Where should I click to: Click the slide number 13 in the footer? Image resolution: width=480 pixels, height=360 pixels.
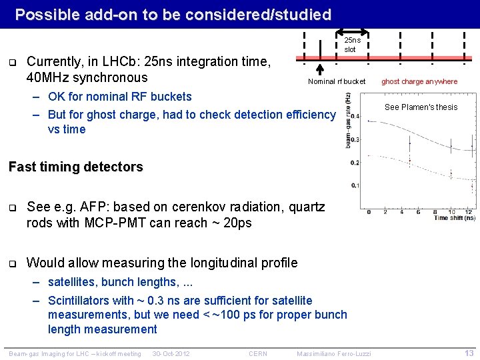click(469, 353)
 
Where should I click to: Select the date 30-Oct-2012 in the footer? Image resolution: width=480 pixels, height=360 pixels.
click(171, 353)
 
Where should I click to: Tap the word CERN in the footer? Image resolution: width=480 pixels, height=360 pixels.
click(258, 353)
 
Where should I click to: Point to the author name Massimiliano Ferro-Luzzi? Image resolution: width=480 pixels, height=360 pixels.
click(333, 353)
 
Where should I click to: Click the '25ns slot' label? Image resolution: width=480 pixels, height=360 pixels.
click(350, 45)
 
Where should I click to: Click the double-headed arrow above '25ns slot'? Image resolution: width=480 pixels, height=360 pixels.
click(351, 31)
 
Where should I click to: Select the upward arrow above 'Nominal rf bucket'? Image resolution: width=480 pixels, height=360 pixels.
click(319, 70)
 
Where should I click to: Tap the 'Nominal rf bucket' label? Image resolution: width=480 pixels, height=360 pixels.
click(337, 81)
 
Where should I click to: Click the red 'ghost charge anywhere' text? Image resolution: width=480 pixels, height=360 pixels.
click(419, 81)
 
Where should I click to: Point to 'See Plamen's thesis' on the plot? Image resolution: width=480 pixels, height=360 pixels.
click(421, 107)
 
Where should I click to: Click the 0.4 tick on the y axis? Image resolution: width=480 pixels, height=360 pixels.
click(355, 116)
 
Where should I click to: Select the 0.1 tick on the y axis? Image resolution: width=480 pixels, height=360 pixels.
click(355, 185)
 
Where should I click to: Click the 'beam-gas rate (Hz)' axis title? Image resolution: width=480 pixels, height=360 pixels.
click(348, 120)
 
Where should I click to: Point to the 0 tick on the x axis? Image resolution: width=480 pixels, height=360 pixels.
click(369, 212)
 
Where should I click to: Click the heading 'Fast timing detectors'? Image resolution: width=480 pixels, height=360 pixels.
click(75, 167)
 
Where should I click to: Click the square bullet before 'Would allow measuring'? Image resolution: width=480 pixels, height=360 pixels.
click(13, 263)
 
